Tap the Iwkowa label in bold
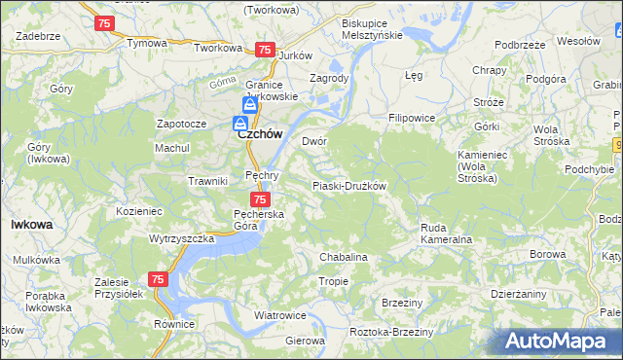tap(31, 224)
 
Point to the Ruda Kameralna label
tap(446, 233)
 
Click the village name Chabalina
tap(343, 257)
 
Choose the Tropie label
tap(333, 281)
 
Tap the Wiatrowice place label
tap(280, 316)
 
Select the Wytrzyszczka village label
tap(181, 238)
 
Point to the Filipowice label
tap(411, 118)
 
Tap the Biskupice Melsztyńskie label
tap(371, 28)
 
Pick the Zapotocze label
tap(181, 125)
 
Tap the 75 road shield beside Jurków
tap(264, 50)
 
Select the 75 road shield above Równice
tap(159, 279)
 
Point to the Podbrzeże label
tap(519, 45)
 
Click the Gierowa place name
tap(305, 342)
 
